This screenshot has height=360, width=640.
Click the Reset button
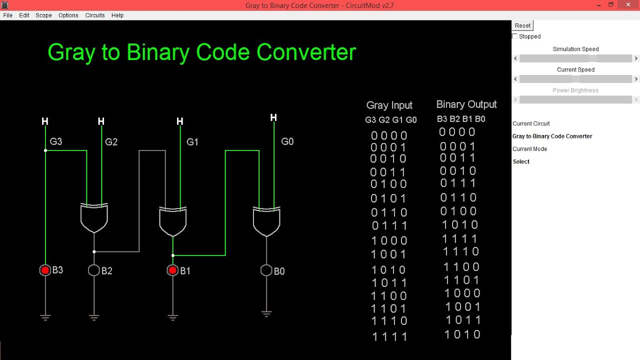pyautogui.click(x=522, y=25)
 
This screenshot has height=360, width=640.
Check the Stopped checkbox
pyautogui.click(x=515, y=36)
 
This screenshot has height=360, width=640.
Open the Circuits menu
pyautogui.click(x=95, y=15)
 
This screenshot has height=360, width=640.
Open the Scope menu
pyautogui.click(x=43, y=15)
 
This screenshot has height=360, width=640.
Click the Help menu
pyautogui.click(x=117, y=15)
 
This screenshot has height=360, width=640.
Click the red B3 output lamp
pyautogui.click(x=45, y=270)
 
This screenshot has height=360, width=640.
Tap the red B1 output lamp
pyautogui.click(x=172, y=270)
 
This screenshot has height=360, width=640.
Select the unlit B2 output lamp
pyautogui.click(x=94, y=270)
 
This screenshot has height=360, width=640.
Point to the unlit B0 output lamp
pyautogui.click(x=266, y=270)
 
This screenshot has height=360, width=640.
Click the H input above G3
pyautogui.click(x=45, y=121)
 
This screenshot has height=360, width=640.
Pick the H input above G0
pyautogui.click(x=273, y=117)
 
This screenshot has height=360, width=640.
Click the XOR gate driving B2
pyautogui.click(x=94, y=218)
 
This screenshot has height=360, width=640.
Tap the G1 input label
pyautogui.click(x=192, y=142)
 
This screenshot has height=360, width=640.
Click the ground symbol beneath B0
pyautogui.click(x=266, y=314)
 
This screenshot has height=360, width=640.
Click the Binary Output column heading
pyautogui.click(x=466, y=104)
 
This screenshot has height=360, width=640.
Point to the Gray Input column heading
pyautogui.click(x=389, y=105)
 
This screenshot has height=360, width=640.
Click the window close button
pyautogui.click(x=627, y=4)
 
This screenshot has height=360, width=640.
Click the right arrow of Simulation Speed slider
pyautogui.click(x=636, y=58)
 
